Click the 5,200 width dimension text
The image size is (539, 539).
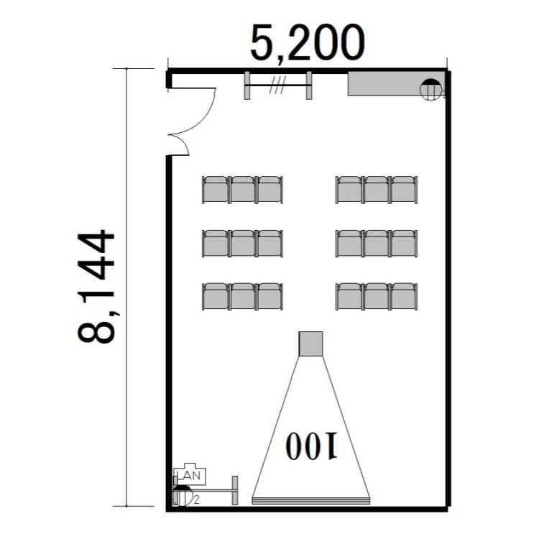307,44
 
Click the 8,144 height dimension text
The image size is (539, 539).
96,287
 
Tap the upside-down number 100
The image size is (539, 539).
310,446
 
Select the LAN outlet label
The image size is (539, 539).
190,476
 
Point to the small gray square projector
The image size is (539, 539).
310,344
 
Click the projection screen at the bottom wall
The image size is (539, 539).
310,500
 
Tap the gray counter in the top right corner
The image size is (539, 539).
396,83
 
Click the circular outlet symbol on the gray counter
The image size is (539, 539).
430,90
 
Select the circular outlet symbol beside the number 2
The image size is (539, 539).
183,496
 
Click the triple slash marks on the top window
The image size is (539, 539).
277,85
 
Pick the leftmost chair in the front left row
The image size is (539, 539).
216,296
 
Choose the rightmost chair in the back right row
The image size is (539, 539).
404,190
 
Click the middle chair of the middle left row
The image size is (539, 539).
243,244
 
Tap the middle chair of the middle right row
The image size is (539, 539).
377,244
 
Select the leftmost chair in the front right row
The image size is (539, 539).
349,296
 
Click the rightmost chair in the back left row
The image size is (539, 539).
270,190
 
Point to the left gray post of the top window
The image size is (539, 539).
247,86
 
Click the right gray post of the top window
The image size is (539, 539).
309,86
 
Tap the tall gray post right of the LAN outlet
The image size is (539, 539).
235,491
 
